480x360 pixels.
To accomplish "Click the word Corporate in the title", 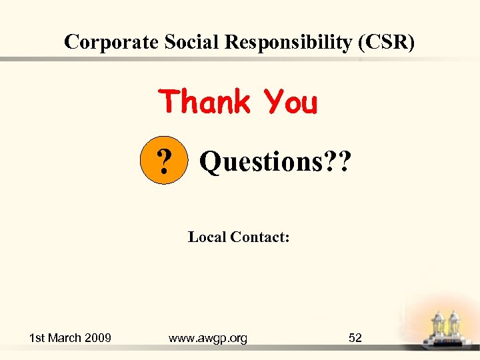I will (111, 42).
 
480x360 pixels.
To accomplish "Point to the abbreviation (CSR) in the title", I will (387, 42).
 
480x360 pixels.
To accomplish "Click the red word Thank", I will (205, 103).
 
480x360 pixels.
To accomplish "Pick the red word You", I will (291, 103).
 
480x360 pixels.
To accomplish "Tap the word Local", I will (207, 237).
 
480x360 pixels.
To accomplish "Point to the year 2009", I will (97, 338).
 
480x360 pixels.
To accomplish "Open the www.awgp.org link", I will (207, 338).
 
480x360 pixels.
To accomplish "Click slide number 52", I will (355, 338).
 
